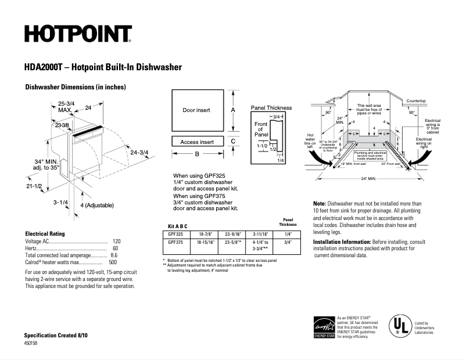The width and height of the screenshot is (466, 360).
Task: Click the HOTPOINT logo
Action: click(x=78, y=34)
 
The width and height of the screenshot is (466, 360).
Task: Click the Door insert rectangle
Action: click(x=196, y=110)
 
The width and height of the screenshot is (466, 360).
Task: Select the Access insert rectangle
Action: click(x=196, y=142)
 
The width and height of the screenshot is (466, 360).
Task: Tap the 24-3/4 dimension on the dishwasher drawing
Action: click(x=139, y=153)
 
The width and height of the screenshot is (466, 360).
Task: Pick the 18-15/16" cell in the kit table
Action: click(x=207, y=242)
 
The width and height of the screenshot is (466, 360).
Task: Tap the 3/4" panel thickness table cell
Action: click(x=288, y=242)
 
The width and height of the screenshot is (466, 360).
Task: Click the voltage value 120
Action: click(x=116, y=241)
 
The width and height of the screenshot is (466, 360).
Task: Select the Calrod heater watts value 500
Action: click(x=113, y=262)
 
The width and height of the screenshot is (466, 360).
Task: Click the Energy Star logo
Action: click(x=324, y=326)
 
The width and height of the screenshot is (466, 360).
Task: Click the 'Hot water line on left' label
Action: click(x=311, y=141)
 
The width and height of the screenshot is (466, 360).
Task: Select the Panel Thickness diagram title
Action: click(x=271, y=108)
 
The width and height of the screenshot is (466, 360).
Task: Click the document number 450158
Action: click(x=31, y=343)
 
